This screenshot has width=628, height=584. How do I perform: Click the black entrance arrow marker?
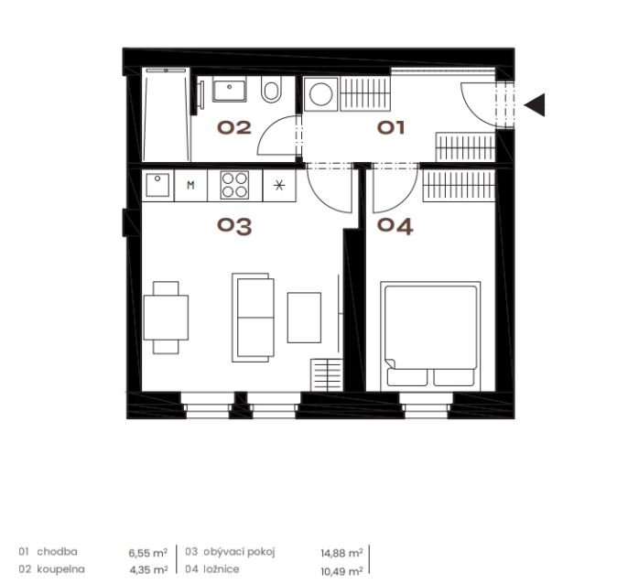pos(535,105)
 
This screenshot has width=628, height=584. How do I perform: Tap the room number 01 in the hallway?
pos(391,128)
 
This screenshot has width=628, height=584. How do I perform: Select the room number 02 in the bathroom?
pos(234,128)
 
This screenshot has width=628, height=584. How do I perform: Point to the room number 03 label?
pos(234,227)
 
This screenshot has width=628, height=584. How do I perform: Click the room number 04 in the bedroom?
pos(395,227)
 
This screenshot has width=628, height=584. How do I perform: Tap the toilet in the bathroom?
pos(271,89)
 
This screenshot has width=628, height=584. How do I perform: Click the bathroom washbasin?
pos(229,89)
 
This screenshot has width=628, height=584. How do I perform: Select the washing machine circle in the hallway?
pos(320,94)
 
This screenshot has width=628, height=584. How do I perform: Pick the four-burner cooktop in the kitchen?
pos(234,185)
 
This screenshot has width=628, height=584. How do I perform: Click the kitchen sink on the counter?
pos(157,185)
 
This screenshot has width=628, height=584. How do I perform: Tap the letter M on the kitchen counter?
pos(191,185)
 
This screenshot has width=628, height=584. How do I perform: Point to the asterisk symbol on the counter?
pos(279,186)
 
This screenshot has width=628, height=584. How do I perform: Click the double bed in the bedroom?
pos(430,336)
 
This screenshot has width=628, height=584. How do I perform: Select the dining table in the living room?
pos(166,318)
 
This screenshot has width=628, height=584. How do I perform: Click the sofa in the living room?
pos(253,318)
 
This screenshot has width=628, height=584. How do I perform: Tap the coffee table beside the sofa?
pos(304,318)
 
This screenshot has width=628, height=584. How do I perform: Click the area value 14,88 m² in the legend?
pos(341,553)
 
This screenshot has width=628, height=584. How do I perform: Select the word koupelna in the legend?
pos(60,569)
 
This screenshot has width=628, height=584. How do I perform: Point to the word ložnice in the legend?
pos(222,569)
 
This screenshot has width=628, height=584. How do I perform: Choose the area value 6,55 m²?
pos(147,553)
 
